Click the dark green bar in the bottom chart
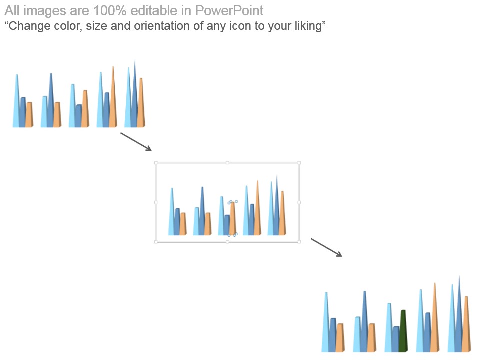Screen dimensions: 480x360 click(403, 331)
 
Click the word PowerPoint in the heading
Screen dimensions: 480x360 click(229, 11)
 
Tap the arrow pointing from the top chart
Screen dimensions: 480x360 click(136, 141)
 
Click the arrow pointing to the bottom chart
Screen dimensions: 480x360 click(326, 247)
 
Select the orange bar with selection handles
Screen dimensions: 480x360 click(233, 218)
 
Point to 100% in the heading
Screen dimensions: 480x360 click(110, 11)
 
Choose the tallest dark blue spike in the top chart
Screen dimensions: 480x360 click(134, 95)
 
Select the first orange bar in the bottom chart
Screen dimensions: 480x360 click(340, 338)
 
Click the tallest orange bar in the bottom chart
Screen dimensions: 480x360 click(435, 318)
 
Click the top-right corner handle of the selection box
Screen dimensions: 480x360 click(299, 163)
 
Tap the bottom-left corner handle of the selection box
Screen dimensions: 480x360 click(156, 242)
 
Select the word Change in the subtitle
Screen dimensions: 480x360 click(27, 26)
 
